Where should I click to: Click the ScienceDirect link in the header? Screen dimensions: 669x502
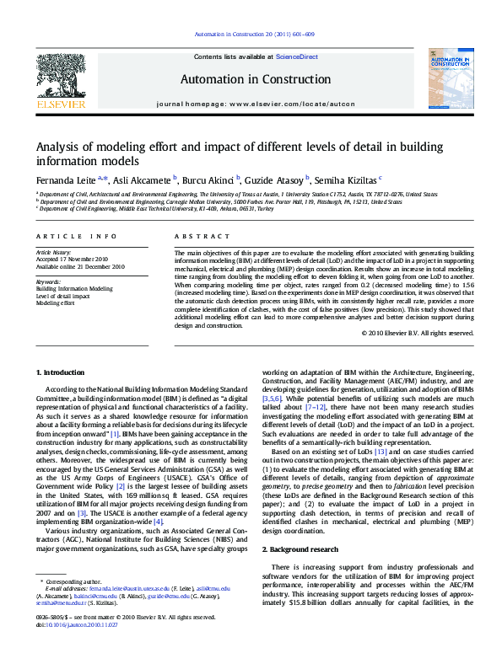click(298, 56)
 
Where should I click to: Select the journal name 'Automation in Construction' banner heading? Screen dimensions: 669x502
click(256, 79)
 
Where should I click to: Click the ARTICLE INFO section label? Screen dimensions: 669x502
click(76, 237)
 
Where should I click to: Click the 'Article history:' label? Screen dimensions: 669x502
click(55, 253)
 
